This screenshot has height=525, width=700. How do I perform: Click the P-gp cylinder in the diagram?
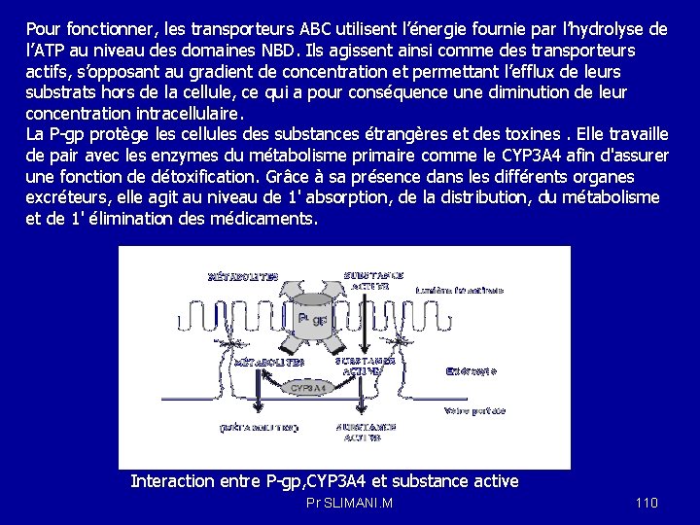(313, 320)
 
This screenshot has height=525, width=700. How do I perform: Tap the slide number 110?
(647, 503)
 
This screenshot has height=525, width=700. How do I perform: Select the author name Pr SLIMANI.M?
(349, 503)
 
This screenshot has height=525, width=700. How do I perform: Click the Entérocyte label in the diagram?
(472, 370)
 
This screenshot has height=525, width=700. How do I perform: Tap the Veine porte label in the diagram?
(474, 411)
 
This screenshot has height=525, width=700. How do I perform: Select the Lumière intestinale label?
(460, 290)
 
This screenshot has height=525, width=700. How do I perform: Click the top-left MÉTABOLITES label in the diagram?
(243, 277)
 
